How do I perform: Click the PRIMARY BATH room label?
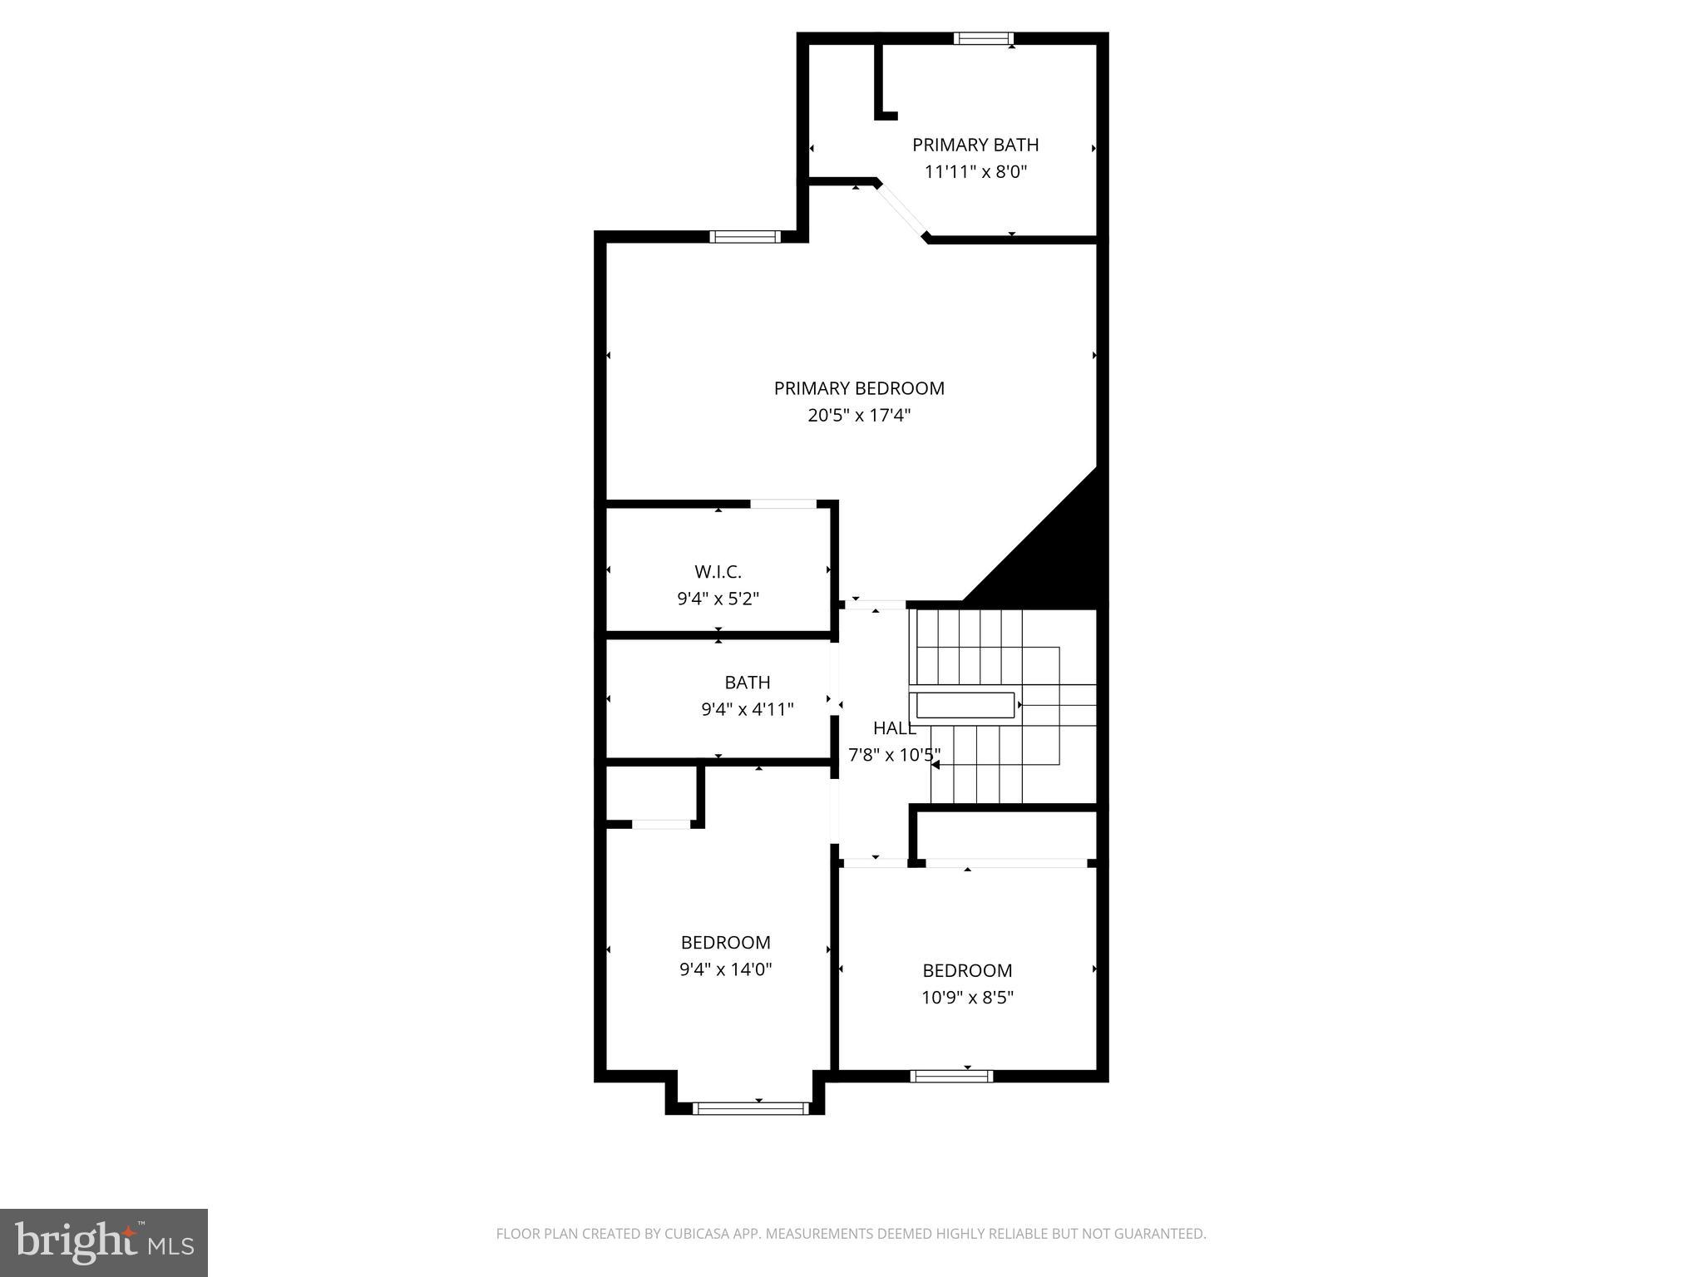[975, 145]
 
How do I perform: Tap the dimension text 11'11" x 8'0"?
[975, 172]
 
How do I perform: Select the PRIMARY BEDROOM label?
[859, 388]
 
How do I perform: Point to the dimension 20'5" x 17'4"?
[859, 415]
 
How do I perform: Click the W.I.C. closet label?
[718, 572]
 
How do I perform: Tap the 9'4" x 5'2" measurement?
[718, 599]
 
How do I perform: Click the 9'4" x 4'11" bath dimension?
[748, 709]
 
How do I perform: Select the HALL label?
[894, 728]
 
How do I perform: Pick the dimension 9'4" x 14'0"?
[725, 969]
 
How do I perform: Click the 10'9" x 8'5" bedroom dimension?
[967, 997]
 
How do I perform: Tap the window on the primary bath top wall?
[983, 38]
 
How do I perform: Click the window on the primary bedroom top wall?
[745, 237]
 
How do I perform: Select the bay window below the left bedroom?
[750, 1107]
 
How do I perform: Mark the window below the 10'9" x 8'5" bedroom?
[951, 1076]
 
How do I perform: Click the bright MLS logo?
[104, 1242]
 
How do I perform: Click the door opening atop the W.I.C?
[782, 504]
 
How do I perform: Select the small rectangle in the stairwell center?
[965, 705]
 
